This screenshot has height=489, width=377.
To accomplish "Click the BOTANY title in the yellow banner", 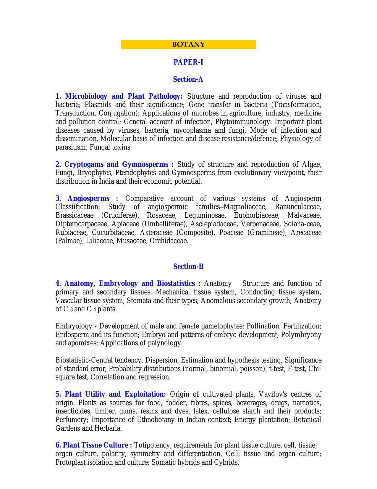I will [x=188, y=45].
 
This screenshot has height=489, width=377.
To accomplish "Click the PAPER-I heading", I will [x=188, y=62].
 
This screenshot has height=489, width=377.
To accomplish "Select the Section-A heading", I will [x=188, y=79].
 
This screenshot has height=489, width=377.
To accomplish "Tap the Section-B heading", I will [x=188, y=267].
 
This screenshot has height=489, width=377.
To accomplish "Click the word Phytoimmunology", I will [x=242, y=122].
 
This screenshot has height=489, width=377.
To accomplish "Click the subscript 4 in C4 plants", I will [x=95, y=310].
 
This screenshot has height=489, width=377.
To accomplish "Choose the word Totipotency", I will [x=152, y=445].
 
